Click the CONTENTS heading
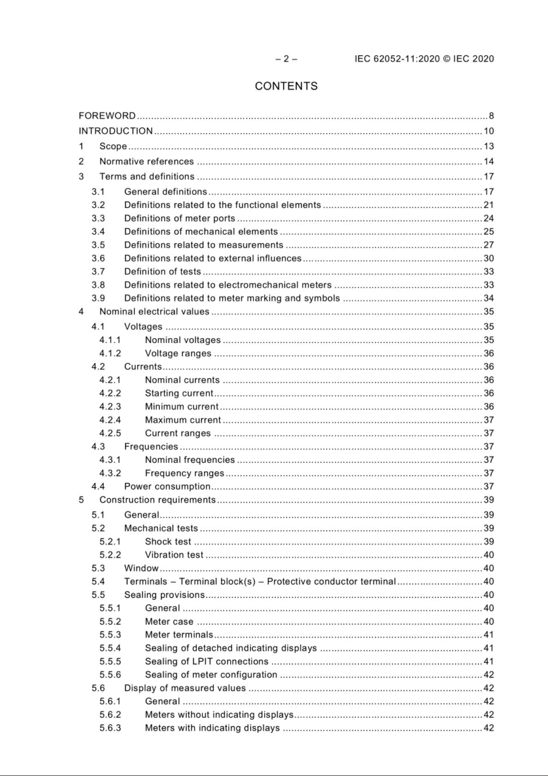coord(286,86)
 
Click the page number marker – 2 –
coord(286,59)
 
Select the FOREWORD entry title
coord(107,116)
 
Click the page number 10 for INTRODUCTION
coord(488,131)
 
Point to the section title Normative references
coord(146,161)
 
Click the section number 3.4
coord(98,232)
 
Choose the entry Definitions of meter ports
coord(179,218)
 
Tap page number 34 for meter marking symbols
coord(488,298)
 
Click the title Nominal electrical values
coord(154,312)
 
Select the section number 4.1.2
coord(110,354)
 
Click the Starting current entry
coord(179,393)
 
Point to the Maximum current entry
coord(183,420)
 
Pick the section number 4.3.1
coord(110,460)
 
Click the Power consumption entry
coord(167,487)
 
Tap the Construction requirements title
coord(157,500)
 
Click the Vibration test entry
coord(174,555)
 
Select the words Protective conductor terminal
coord(331,582)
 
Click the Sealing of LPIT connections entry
coord(207,662)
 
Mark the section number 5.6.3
coord(110,728)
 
